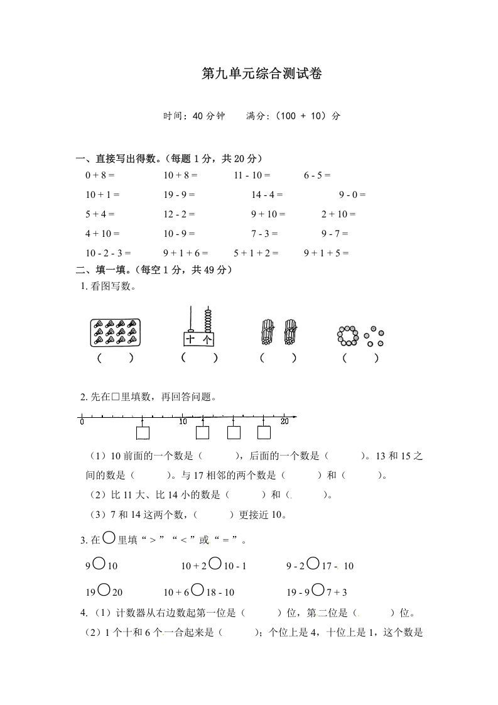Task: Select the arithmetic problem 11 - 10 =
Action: pyautogui.click(x=252, y=176)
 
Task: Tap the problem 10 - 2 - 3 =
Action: pyautogui.click(x=108, y=253)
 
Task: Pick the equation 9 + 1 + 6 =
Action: pyautogui.click(x=185, y=253)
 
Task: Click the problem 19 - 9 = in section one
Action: pyautogui.click(x=179, y=195)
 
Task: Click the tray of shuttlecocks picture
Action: pyautogui.click(x=114, y=332)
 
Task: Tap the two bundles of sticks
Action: pyautogui.click(x=278, y=332)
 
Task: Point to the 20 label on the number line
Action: pyautogui.click(x=284, y=422)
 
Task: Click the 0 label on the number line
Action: pyautogui.click(x=82, y=422)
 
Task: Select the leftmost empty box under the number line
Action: pyautogui.click(x=143, y=433)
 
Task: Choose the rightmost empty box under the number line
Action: pyautogui.click(x=264, y=432)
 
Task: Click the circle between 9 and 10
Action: pyautogui.click(x=99, y=564)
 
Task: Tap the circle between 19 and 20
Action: pyautogui.click(x=104, y=590)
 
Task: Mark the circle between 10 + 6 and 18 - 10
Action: pyautogui.click(x=198, y=590)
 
